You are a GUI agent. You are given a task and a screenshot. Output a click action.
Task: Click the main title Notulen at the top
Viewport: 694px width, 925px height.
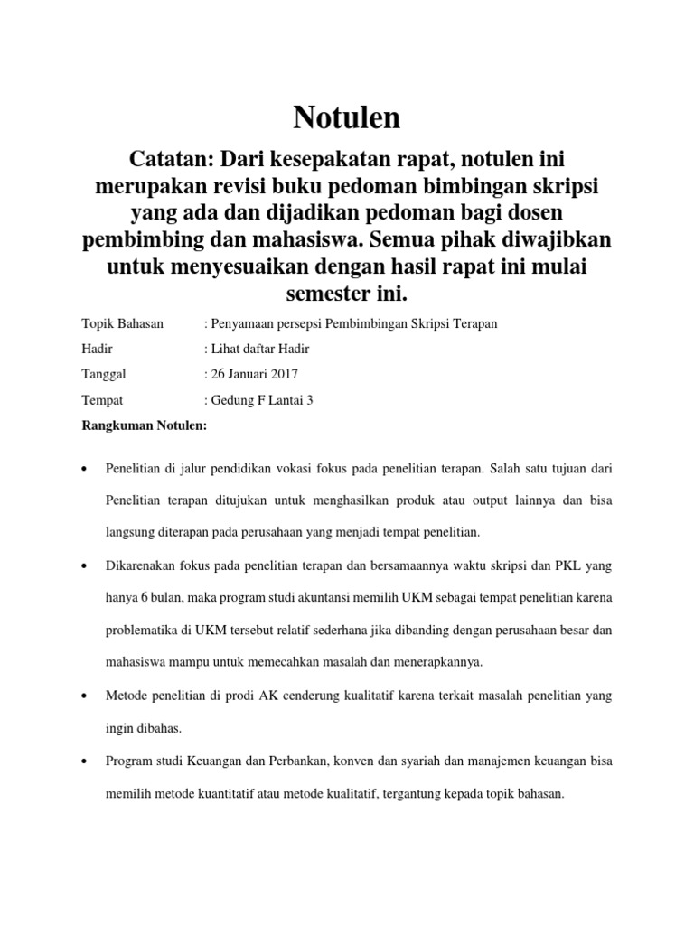pyautogui.click(x=347, y=118)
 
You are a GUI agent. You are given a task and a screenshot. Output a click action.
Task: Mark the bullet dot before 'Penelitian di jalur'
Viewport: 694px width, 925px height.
pyautogui.click(x=84, y=470)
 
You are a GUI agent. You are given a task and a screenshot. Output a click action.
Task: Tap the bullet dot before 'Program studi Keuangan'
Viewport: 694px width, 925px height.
pyautogui.click(x=84, y=761)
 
